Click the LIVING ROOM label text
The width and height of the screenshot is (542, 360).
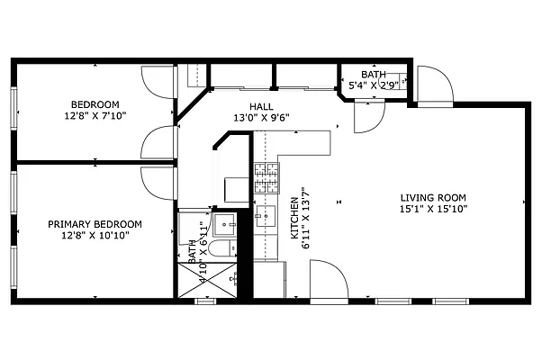(x=433, y=197)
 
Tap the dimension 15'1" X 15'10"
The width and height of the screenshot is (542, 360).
(x=433, y=209)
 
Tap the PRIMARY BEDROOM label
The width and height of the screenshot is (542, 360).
(x=95, y=224)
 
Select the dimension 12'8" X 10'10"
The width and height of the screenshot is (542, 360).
(x=95, y=236)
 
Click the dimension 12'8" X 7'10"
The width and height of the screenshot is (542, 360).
(x=95, y=116)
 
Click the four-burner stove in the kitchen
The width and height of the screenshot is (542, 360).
(x=266, y=178)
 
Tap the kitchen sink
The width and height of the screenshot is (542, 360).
(x=266, y=217)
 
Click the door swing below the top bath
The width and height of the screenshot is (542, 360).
(x=368, y=116)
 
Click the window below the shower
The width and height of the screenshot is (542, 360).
(x=205, y=301)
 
